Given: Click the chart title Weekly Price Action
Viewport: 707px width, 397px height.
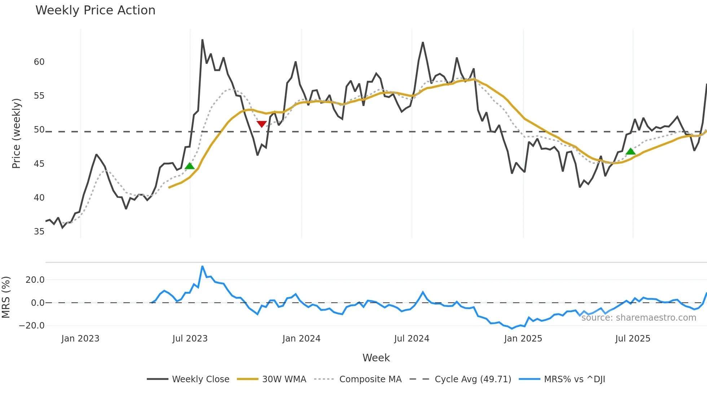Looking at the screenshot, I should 95,10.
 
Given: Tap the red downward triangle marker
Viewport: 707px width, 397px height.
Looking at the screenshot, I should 262,124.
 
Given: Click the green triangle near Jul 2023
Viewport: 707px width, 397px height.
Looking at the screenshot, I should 190,166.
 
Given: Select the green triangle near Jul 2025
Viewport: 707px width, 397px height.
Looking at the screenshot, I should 631,151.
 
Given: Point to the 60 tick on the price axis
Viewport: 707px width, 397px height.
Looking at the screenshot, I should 39,62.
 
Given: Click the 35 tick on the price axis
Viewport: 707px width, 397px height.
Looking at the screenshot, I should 39,232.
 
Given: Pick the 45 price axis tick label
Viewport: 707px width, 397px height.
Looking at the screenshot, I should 39,164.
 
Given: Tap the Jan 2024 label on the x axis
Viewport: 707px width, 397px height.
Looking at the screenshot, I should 301,339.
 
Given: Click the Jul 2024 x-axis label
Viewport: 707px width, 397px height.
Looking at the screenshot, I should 412,339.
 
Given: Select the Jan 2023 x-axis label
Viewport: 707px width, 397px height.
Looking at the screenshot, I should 80,339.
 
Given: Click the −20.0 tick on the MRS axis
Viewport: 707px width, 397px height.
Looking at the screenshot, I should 32,326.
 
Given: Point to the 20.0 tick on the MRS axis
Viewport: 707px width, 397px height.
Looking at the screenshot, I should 35,280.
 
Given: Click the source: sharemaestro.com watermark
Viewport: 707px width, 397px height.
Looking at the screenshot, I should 638,318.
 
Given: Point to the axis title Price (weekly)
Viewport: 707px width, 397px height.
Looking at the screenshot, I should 17,133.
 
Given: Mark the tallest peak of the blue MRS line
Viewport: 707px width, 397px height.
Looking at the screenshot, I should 202,267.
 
